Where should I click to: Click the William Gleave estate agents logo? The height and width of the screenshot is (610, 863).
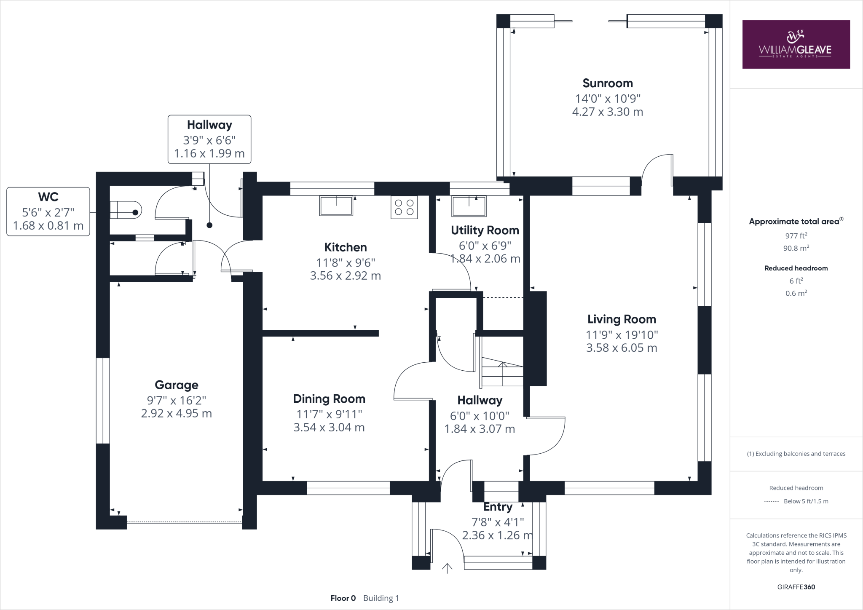click(x=796, y=44)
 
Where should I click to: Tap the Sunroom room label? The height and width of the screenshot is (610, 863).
click(x=607, y=83)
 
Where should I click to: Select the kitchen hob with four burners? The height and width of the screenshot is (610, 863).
click(x=404, y=207)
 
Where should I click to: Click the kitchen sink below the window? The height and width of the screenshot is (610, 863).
click(x=336, y=206)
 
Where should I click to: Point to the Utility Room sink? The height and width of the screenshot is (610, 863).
click(x=468, y=206)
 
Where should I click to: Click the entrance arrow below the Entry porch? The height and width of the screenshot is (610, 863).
click(x=447, y=568)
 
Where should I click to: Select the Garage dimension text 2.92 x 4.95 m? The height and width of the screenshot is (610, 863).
click(x=176, y=413)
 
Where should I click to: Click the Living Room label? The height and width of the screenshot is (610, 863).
click(x=622, y=319)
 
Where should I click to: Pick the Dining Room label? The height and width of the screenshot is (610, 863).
click(x=329, y=399)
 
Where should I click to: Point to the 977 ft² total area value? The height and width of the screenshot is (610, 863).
click(x=796, y=235)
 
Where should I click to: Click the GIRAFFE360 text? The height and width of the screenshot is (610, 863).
click(x=796, y=587)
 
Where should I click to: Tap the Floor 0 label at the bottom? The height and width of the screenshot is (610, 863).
click(x=343, y=598)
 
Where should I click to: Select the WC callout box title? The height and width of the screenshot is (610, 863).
click(x=48, y=197)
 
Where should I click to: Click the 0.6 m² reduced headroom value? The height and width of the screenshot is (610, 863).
click(x=796, y=293)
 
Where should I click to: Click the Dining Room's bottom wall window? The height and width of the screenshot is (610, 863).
click(x=348, y=488)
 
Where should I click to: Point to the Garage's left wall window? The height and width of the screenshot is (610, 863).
click(x=103, y=400)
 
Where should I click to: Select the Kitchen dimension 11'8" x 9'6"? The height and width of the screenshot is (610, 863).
click(x=345, y=262)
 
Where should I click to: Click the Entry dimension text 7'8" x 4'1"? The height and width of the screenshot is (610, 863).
click(x=497, y=522)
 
